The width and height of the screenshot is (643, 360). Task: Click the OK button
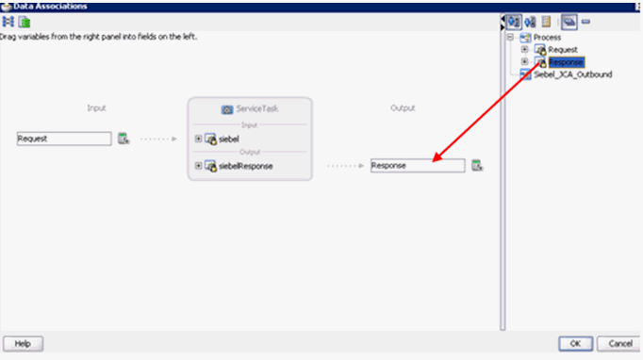click(574, 343)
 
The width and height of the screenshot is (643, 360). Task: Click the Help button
click(24, 343)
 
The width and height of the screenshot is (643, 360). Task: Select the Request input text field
click(64, 139)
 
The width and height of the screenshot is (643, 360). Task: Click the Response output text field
click(417, 166)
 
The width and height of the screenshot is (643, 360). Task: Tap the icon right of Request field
click(123, 139)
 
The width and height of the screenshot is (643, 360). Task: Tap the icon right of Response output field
click(477, 166)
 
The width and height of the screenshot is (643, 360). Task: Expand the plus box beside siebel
click(198, 139)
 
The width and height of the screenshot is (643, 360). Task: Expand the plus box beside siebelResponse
click(198, 166)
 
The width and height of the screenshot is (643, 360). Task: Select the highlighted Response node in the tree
click(566, 62)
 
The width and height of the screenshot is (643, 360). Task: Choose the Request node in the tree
click(563, 49)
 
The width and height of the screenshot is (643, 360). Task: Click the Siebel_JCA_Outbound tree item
click(572, 74)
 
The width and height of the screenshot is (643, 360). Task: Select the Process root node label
click(547, 37)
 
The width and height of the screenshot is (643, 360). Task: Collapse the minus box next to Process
click(510, 37)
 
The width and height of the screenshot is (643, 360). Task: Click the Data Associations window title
click(53, 6)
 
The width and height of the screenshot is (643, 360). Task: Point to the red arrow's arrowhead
click(436, 161)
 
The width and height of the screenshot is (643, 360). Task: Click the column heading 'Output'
click(403, 107)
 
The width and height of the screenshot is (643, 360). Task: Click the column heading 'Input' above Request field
click(96, 107)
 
